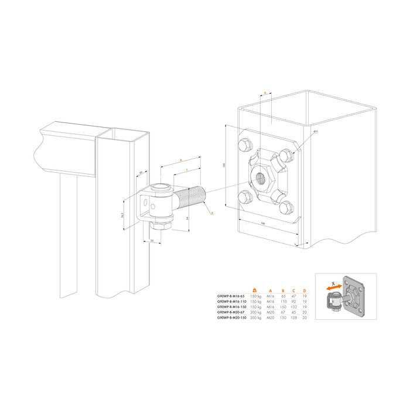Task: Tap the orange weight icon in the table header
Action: click(254, 291)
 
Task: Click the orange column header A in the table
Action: click(270, 291)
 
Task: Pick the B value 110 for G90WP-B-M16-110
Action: click(283, 302)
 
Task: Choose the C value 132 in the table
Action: click(293, 307)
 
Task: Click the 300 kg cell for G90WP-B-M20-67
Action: click(255, 313)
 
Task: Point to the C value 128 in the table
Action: click(293, 318)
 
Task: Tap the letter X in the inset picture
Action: click(334, 283)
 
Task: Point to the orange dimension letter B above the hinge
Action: click(181, 160)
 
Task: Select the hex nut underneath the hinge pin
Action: click(160, 225)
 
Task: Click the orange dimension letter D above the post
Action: click(265, 93)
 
